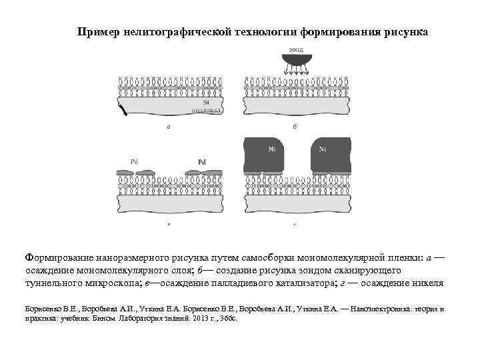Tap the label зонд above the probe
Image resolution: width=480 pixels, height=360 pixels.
(295, 49)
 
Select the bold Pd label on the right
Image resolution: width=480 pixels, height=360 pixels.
(202, 162)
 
